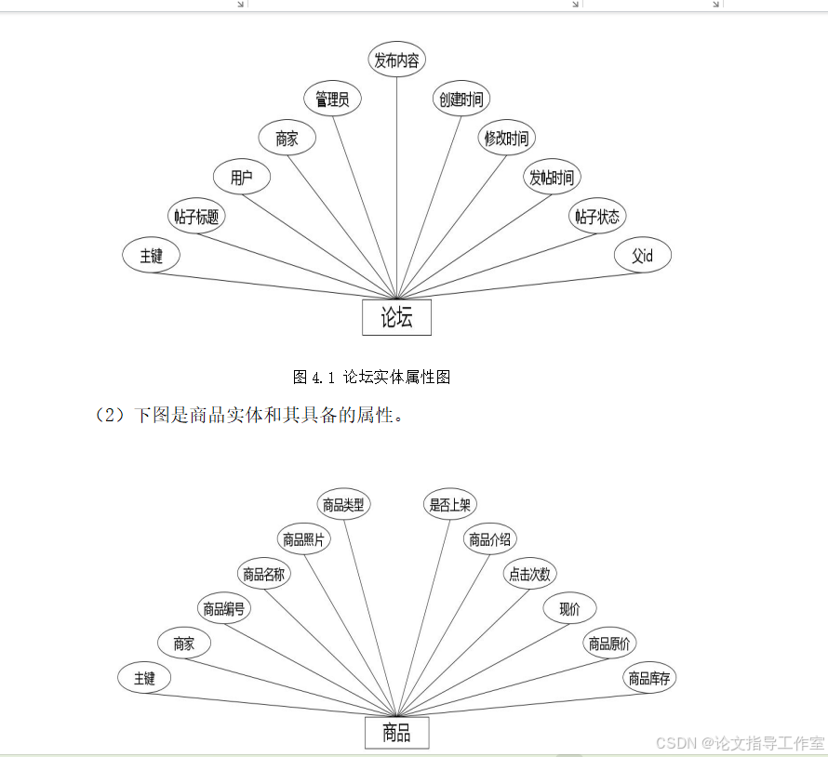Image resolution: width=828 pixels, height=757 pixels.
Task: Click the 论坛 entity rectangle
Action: [396, 317]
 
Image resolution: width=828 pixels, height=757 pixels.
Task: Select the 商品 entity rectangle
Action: [396, 733]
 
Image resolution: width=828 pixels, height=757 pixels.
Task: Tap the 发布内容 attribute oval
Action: [397, 61]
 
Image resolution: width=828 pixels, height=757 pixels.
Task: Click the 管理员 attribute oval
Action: [332, 99]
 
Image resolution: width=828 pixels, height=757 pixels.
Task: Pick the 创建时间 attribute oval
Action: [461, 100]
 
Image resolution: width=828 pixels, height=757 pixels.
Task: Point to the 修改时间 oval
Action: [506, 139]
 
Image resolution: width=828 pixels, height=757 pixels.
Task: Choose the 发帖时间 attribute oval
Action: [552, 178]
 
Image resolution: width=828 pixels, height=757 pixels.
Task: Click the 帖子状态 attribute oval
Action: [597, 217]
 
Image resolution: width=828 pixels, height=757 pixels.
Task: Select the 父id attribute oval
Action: [643, 256]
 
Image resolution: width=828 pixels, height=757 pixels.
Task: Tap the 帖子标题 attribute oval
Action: [196, 217]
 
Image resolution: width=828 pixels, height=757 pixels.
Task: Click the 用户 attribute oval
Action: [242, 178]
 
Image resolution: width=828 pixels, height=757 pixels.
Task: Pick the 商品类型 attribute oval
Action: [343, 505]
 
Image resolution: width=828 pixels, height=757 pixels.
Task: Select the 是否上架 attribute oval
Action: [450, 505]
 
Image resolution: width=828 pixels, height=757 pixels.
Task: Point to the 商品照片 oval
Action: [304, 539]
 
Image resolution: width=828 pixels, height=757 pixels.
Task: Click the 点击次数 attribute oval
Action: [528, 575]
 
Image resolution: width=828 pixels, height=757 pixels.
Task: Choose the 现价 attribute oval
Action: [569, 609]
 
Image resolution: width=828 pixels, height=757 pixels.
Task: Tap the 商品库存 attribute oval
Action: [649, 678]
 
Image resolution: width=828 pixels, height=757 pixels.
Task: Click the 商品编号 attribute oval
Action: [225, 609]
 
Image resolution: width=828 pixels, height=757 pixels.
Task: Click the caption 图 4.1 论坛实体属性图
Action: [372, 377]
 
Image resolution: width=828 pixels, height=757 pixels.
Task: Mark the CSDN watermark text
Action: [740, 743]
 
